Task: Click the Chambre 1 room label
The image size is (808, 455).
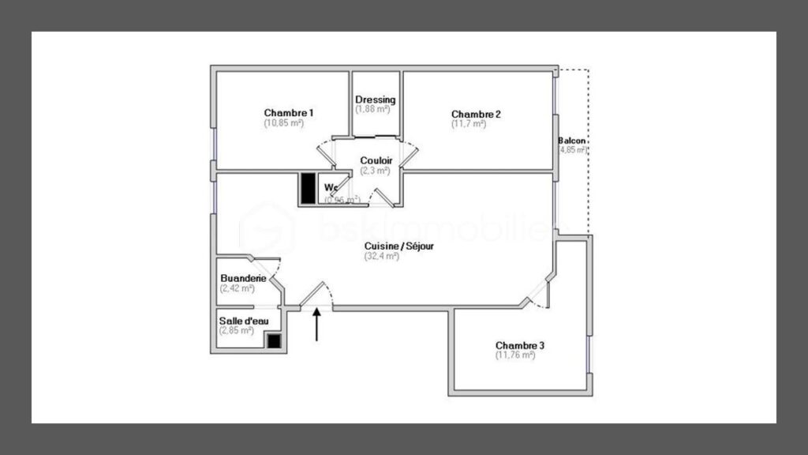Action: click(289, 113)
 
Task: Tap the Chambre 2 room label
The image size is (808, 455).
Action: click(476, 114)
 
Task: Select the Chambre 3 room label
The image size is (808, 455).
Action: click(520, 345)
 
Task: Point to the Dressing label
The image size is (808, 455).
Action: click(375, 100)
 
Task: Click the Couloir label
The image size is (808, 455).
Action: click(376, 160)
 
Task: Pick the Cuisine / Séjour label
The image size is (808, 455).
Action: click(398, 246)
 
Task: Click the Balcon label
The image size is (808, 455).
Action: click(573, 140)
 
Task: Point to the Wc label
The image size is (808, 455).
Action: click(331, 188)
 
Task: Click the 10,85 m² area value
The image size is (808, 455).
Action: click(284, 123)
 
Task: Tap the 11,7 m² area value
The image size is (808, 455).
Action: click(469, 124)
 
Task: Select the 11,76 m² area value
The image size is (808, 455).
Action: click(515, 355)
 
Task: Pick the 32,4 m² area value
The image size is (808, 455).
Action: click(382, 256)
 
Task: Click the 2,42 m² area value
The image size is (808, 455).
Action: click(238, 288)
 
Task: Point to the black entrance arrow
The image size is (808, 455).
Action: click(317, 325)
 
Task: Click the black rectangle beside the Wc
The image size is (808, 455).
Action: click(307, 188)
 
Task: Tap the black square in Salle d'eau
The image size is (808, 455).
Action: click(274, 341)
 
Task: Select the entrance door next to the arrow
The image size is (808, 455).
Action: click(316, 294)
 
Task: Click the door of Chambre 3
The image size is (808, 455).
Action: click(539, 292)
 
